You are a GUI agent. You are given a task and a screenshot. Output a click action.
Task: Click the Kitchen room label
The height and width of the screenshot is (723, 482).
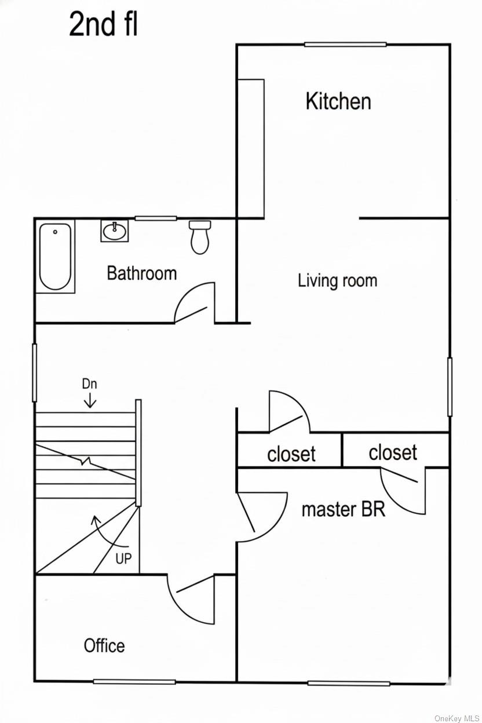(x=338, y=101)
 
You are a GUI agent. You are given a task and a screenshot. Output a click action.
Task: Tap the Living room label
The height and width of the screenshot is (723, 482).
(x=337, y=281)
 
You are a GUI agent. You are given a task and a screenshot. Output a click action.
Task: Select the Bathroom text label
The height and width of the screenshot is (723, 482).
(x=141, y=273)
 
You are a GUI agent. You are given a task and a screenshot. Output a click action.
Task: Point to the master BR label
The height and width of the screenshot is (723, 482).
(x=343, y=509)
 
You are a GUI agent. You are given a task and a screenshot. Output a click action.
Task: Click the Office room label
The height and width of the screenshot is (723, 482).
(x=104, y=645)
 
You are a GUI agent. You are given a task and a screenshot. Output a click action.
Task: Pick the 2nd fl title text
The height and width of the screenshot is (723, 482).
(x=103, y=25)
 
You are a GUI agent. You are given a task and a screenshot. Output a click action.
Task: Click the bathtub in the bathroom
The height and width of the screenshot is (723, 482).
(x=56, y=257)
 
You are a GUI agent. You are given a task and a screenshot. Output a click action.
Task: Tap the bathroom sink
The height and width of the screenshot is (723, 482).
(x=114, y=231)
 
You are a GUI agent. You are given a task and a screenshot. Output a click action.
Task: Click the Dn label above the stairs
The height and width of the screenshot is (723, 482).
(x=89, y=384)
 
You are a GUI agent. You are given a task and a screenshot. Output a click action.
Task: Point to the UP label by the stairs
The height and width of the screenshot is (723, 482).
(x=123, y=559)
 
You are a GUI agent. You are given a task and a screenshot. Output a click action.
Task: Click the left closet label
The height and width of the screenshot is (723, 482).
(x=291, y=454)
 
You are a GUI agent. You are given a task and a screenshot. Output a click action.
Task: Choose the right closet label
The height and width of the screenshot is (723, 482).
(x=392, y=452)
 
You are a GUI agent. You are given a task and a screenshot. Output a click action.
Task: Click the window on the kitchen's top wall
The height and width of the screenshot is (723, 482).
(x=345, y=45)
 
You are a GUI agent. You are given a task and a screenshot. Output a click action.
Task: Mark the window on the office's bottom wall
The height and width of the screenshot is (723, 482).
(x=134, y=681)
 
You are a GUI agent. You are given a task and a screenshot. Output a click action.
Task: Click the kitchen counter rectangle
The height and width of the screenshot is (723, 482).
(x=251, y=148)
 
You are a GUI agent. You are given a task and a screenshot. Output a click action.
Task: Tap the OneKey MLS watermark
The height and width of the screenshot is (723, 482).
(x=457, y=718)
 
